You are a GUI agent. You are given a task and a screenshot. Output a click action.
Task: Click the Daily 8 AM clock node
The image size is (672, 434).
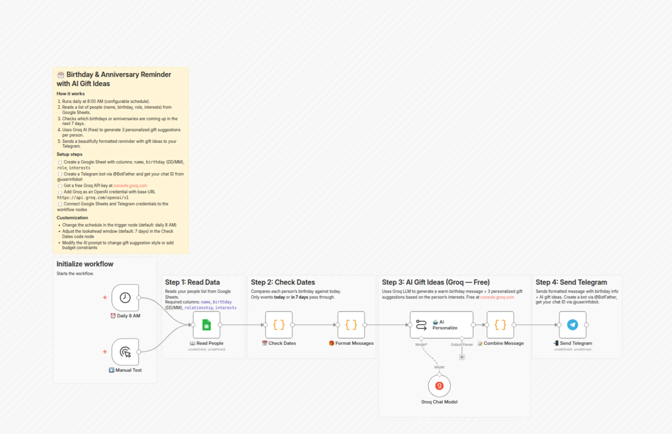125,298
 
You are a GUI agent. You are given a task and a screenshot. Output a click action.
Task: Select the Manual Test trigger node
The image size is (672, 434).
125,352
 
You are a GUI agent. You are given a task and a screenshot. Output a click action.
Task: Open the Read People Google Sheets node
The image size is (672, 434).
207,325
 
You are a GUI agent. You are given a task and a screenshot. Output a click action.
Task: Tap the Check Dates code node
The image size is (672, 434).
279,325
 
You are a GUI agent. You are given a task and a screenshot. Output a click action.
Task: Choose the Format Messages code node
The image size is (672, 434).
351,325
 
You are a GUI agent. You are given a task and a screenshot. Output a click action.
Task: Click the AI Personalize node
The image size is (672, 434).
441,325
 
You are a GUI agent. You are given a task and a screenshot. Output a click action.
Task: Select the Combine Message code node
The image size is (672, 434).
500,325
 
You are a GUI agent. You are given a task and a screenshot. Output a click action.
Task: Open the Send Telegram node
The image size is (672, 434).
572,325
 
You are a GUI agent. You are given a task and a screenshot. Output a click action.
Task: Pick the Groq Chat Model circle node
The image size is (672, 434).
439,386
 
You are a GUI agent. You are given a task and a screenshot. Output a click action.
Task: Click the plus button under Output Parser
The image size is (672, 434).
462,357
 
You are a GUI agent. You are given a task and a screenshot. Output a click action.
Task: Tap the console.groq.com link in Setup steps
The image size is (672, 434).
130,186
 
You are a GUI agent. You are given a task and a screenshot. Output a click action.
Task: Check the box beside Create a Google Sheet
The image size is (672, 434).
60,162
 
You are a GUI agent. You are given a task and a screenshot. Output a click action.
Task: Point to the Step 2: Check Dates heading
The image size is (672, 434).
283,282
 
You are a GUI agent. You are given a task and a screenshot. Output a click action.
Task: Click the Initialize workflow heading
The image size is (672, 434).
85,264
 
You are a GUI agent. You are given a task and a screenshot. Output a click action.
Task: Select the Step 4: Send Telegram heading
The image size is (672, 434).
571,282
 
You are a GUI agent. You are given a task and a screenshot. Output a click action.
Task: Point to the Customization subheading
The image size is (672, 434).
72,218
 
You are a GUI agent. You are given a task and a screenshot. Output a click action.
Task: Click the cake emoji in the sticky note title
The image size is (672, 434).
61,75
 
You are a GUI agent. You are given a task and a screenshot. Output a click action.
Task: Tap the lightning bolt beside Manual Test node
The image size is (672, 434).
105,352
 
